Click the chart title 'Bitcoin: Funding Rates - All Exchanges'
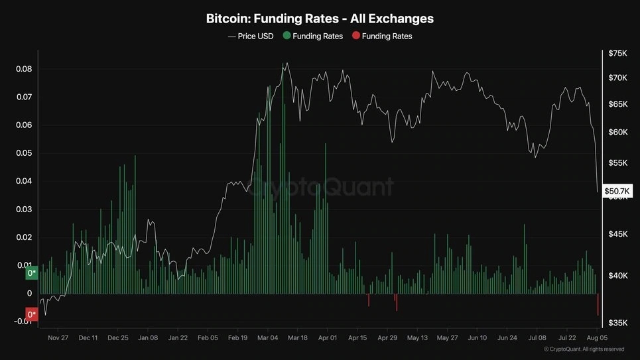[320, 19]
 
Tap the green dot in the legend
[287, 36]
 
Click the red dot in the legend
[356, 36]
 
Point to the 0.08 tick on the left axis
[24, 69]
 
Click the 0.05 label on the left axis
[24, 153]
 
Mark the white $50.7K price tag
[617, 191]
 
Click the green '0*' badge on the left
[31, 273]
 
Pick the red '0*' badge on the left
[31, 314]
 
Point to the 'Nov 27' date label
[58, 337]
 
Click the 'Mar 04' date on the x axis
[267, 337]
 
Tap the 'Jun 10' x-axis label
[478, 337]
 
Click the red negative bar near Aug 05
[598, 304]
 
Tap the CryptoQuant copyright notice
[584, 349]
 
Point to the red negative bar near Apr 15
[368, 300]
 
